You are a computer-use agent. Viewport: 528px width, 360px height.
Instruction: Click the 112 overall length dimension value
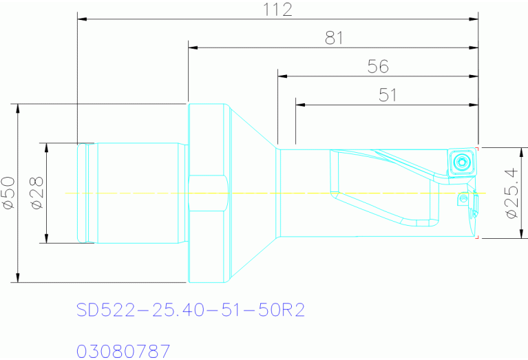point(277,10)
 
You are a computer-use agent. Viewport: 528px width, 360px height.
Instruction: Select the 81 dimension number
point(334,38)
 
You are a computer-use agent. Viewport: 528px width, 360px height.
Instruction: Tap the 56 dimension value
point(378,66)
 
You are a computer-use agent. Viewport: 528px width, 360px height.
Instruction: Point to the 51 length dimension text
point(388,95)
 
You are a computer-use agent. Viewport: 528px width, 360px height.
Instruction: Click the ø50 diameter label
point(9,193)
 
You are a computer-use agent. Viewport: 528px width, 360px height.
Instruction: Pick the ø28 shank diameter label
point(37,193)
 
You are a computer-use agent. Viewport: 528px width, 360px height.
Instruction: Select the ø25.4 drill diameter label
point(511,193)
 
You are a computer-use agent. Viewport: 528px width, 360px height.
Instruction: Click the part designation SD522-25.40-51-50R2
point(191,310)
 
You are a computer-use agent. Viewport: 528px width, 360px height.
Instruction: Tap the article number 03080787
point(123,351)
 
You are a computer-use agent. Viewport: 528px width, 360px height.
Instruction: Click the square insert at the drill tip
point(462,162)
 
